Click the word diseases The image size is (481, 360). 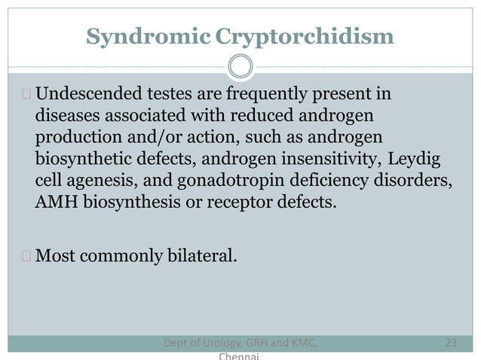click(x=66, y=117)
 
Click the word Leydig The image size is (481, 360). click(x=415, y=160)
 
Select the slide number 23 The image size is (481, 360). click(x=452, y=343)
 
